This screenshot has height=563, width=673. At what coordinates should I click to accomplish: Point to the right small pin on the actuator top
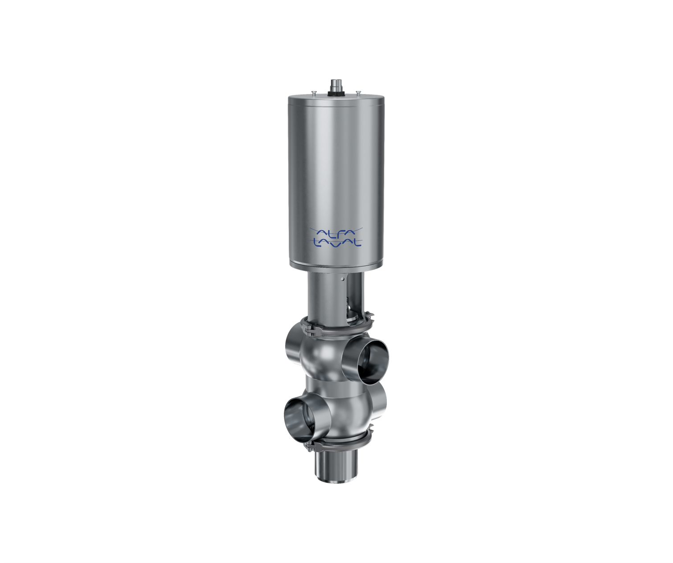357,93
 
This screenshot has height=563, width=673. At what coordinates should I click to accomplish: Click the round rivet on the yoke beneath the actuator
345,278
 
